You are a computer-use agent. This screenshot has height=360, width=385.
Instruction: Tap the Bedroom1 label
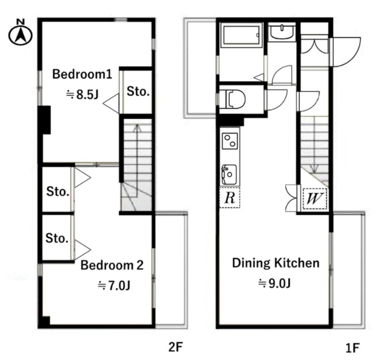point(82,74)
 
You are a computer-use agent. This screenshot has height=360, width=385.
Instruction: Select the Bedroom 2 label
point(112,265)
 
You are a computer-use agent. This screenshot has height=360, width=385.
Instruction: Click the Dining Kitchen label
point(276,263)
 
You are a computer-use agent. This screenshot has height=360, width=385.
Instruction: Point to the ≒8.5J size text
point(82,95)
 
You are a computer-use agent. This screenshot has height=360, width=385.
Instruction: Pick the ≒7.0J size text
point(114,286)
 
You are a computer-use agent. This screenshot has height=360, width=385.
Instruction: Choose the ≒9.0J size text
point(274,284)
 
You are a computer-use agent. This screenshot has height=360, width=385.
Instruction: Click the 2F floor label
point(176,347)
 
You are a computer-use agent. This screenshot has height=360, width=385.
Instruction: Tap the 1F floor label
point(353,348)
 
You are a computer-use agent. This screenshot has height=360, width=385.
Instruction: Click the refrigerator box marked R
point(230,198)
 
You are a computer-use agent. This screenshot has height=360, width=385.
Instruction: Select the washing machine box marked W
point(315,199)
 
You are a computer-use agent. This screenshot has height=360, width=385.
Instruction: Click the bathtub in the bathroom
point(241,35)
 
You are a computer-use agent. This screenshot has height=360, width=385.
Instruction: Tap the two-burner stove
point(230,141)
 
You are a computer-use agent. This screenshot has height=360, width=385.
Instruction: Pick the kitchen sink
point(229,174)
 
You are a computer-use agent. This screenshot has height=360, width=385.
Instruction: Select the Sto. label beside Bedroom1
point(138,92)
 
